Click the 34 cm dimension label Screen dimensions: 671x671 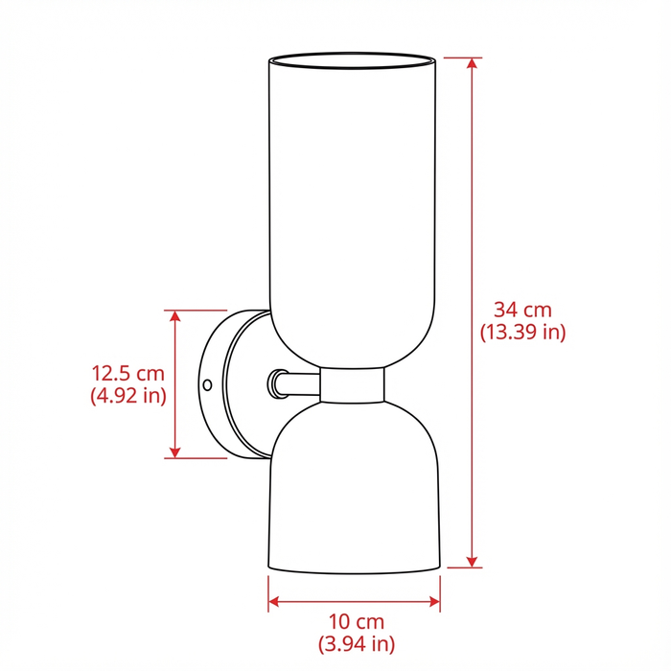pos(522,310)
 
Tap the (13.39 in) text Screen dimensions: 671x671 pos(522,333)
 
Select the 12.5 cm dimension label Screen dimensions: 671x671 pos(128,372)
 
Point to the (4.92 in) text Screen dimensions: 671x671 pos(128,395)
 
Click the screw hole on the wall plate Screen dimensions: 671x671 pos(207,384)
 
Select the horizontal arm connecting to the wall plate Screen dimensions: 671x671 pos(297,383)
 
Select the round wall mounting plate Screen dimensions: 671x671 pos(230,383)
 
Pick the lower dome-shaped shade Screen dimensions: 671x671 pos(352,489)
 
